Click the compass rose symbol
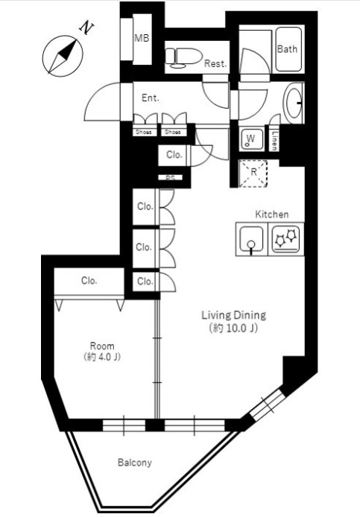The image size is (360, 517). tap(63, 56)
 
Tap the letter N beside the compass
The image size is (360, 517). tap(86, 28)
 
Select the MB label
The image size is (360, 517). tap(142, 38)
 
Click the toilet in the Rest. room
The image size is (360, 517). tap(183, 57)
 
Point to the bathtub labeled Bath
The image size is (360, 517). tap(288, 49)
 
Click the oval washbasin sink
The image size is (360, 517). tap(293, 103)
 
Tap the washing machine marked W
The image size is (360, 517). tap(251, 139)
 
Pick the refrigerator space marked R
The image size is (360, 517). tap(253, 173)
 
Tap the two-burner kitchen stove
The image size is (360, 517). tap(286, 238)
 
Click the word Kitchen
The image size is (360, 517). tap(272, 215)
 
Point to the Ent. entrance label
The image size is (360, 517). tap(151, 98)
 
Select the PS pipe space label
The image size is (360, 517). tap(170, 178)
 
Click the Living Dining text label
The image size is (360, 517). tap(233, 315)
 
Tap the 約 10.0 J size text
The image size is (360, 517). tap(233, 329)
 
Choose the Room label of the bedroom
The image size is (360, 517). tap(102, 346)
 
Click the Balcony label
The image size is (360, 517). tap(135, 463)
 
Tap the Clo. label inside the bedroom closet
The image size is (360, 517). tap(89, 281)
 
